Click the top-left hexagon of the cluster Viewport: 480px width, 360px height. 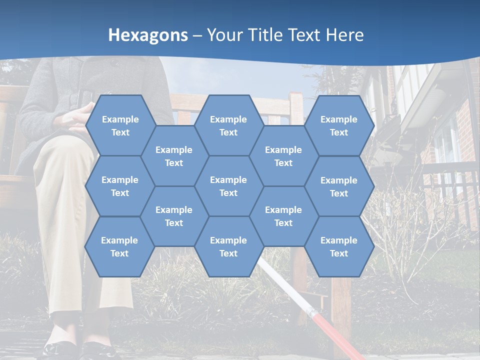(x=120, y=125)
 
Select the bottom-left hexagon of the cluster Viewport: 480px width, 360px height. (x=119, y=246)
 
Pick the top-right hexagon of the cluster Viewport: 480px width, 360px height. (x=339, y=125)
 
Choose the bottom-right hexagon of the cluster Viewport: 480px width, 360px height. (x=339, y=246)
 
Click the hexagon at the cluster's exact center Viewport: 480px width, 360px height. (x=228, y=186)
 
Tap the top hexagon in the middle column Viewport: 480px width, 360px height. (x=228, y=125)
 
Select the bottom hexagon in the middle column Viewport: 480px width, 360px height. (x=228, y=246)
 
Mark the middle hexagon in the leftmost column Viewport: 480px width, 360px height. (x=120, y=186)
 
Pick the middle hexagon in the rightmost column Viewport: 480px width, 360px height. (x=339, y=186)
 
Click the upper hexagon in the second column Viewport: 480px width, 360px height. (x=174, y=156)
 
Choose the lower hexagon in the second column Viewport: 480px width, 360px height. (x=174, y=216)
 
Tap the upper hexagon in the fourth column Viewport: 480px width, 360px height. (x=283, y=156)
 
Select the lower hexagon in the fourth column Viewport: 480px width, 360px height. (x=283, y=216)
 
